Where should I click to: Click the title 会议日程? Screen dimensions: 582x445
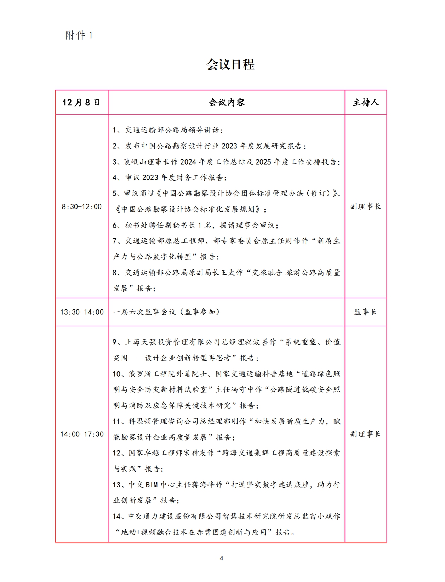click(x=230, y=64)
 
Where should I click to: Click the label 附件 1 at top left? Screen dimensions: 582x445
click(x=79, y=35)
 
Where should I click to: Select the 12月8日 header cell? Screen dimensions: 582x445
click(x=81, y=103)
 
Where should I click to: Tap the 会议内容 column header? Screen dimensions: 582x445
click(x=227, y=103)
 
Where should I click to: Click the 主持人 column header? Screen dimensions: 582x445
click(x=366, y=103)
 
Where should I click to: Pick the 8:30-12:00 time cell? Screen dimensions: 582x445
click(x=82, y=207)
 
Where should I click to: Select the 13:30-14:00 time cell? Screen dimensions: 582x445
click(x=82, y=312)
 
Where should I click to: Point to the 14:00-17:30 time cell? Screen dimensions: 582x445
click(x=82, y=434)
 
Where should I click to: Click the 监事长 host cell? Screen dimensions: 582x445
click(x=366, y=312)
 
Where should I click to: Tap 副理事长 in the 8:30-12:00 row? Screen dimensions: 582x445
click(x=366, y=207)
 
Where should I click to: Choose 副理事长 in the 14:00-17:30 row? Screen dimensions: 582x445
click(x=366, y=434)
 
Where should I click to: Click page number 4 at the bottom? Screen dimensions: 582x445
click(x=222, y=558)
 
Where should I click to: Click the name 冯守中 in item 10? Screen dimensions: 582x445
click(x=243, y=390)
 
